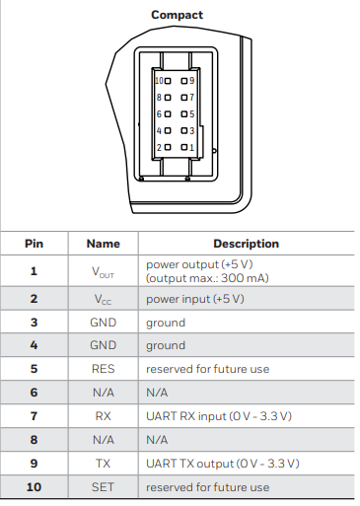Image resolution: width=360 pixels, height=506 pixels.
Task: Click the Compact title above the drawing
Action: (177, 15)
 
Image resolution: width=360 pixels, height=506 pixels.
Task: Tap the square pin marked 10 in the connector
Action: (168, 81)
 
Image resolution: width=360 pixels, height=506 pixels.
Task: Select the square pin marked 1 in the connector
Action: (184, 147)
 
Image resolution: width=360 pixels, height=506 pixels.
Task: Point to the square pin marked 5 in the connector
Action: (184, 114)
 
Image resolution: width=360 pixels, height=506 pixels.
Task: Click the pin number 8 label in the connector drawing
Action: (159, 98)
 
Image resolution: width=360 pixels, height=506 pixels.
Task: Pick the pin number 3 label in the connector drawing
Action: (192, 131)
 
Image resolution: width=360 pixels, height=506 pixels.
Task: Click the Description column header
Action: (246, 244)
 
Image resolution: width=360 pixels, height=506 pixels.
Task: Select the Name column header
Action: (104, 244)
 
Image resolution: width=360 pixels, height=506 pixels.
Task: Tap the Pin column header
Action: (34, 244)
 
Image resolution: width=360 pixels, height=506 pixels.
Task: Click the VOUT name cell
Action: (103, 272)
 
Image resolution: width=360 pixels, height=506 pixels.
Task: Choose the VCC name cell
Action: (103, 300)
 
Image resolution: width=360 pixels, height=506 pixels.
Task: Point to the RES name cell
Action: (104, 369)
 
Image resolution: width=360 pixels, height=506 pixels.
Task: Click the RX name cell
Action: (104, 416)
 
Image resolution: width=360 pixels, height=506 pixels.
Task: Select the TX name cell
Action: (103, 464)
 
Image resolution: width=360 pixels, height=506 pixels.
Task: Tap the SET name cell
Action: (103, 487)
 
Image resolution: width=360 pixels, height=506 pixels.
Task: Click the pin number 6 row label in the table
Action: (34, 393)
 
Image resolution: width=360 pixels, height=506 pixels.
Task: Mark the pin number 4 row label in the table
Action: (34, 345)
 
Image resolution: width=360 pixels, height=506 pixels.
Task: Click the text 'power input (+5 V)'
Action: (195, 299)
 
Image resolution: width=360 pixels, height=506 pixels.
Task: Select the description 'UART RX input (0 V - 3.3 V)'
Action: (219, 416)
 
